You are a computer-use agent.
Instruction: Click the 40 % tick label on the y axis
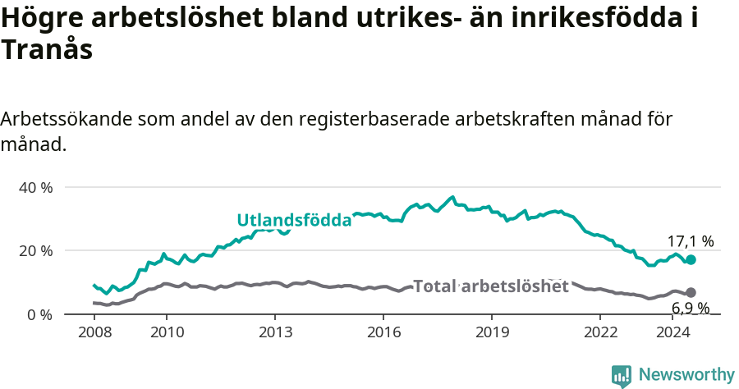pos(35,187)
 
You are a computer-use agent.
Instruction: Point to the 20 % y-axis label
pos(35,250)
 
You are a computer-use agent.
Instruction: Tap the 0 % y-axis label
pos(39,314)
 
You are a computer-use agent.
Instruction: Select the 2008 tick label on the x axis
pos(94,332)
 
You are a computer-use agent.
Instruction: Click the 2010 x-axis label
pos(167,332)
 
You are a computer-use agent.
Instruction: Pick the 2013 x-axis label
pos(275,332)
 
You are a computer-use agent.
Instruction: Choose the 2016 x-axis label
pos(383,332)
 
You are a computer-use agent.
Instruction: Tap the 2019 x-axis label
pos(492,332)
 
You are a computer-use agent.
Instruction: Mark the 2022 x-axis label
pos(600,332)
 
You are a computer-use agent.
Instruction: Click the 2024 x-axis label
pos(672,332)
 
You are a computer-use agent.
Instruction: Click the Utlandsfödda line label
pos(294,220)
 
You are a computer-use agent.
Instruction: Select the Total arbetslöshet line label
pos(490,286)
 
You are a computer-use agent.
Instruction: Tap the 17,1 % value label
pos(690,241)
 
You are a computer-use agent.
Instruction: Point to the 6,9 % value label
pos(691,309)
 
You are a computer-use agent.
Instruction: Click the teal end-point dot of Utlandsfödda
pos(691,259)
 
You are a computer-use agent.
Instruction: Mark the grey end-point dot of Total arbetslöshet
pos(691,292)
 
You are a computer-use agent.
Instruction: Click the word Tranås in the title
pos(46,51)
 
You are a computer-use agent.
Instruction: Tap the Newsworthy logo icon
pos(622,375)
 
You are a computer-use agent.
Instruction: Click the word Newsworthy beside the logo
pos(686,375)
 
